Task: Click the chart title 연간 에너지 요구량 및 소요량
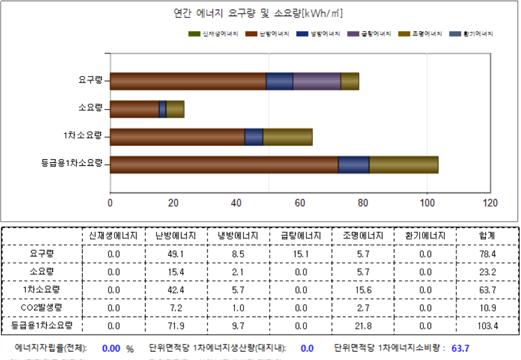tap(258, 14)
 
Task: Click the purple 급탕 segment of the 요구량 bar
tap(317, 81)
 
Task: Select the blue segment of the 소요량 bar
tap(162, 109)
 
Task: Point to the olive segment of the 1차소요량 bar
tap(288, 137)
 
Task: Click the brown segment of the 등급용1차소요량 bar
tap(224, 165)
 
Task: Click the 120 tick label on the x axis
tap(490, 202)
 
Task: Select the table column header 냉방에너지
tap(238, 236)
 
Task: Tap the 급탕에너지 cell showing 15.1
tap(301, 254)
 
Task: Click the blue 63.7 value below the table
tap(460, 348)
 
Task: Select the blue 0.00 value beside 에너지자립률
tap(112, 348)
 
